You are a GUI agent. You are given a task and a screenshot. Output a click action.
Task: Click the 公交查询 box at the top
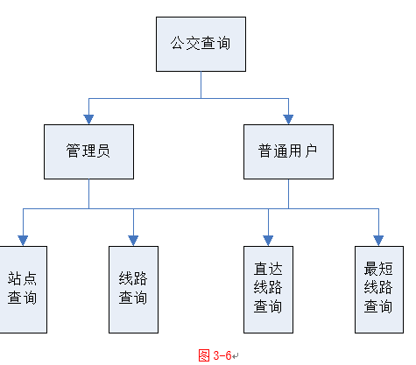click(201, 44)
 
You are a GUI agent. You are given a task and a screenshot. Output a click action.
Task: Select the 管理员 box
click(88, 151)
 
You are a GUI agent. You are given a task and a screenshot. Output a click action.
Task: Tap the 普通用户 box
click(288, 151)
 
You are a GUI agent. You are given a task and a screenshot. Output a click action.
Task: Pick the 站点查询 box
click(24, 290)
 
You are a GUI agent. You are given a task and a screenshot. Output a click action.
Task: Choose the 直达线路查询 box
click(268, 290)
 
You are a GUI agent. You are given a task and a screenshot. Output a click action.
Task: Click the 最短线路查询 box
click(379, 290)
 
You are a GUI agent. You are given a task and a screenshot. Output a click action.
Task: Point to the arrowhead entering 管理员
click(88, 119)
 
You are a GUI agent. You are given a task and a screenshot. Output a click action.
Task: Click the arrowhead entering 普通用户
click(288, 119)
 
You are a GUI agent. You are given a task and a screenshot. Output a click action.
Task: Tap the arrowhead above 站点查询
click(23, 241)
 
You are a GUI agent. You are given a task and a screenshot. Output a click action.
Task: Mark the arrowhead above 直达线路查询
click(268, 241)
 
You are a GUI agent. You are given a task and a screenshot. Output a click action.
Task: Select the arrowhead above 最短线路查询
click(378, 241)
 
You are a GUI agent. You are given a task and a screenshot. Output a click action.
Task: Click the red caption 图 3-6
click(215, 355)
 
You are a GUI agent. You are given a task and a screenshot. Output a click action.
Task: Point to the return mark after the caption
click(236, 356)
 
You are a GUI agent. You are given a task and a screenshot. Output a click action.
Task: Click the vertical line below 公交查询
click(201, 85)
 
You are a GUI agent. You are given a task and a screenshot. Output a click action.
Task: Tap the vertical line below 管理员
click(88, 194)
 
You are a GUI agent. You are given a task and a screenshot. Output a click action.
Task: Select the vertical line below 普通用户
click(288, 194)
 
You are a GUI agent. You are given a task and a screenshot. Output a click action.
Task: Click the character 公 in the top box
click(178, 43)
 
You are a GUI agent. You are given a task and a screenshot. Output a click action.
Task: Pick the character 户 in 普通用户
click(311, 151)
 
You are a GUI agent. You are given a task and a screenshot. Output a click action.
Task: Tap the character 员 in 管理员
click(103, 151)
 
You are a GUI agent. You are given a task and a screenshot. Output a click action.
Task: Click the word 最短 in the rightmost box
click(378, 269)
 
